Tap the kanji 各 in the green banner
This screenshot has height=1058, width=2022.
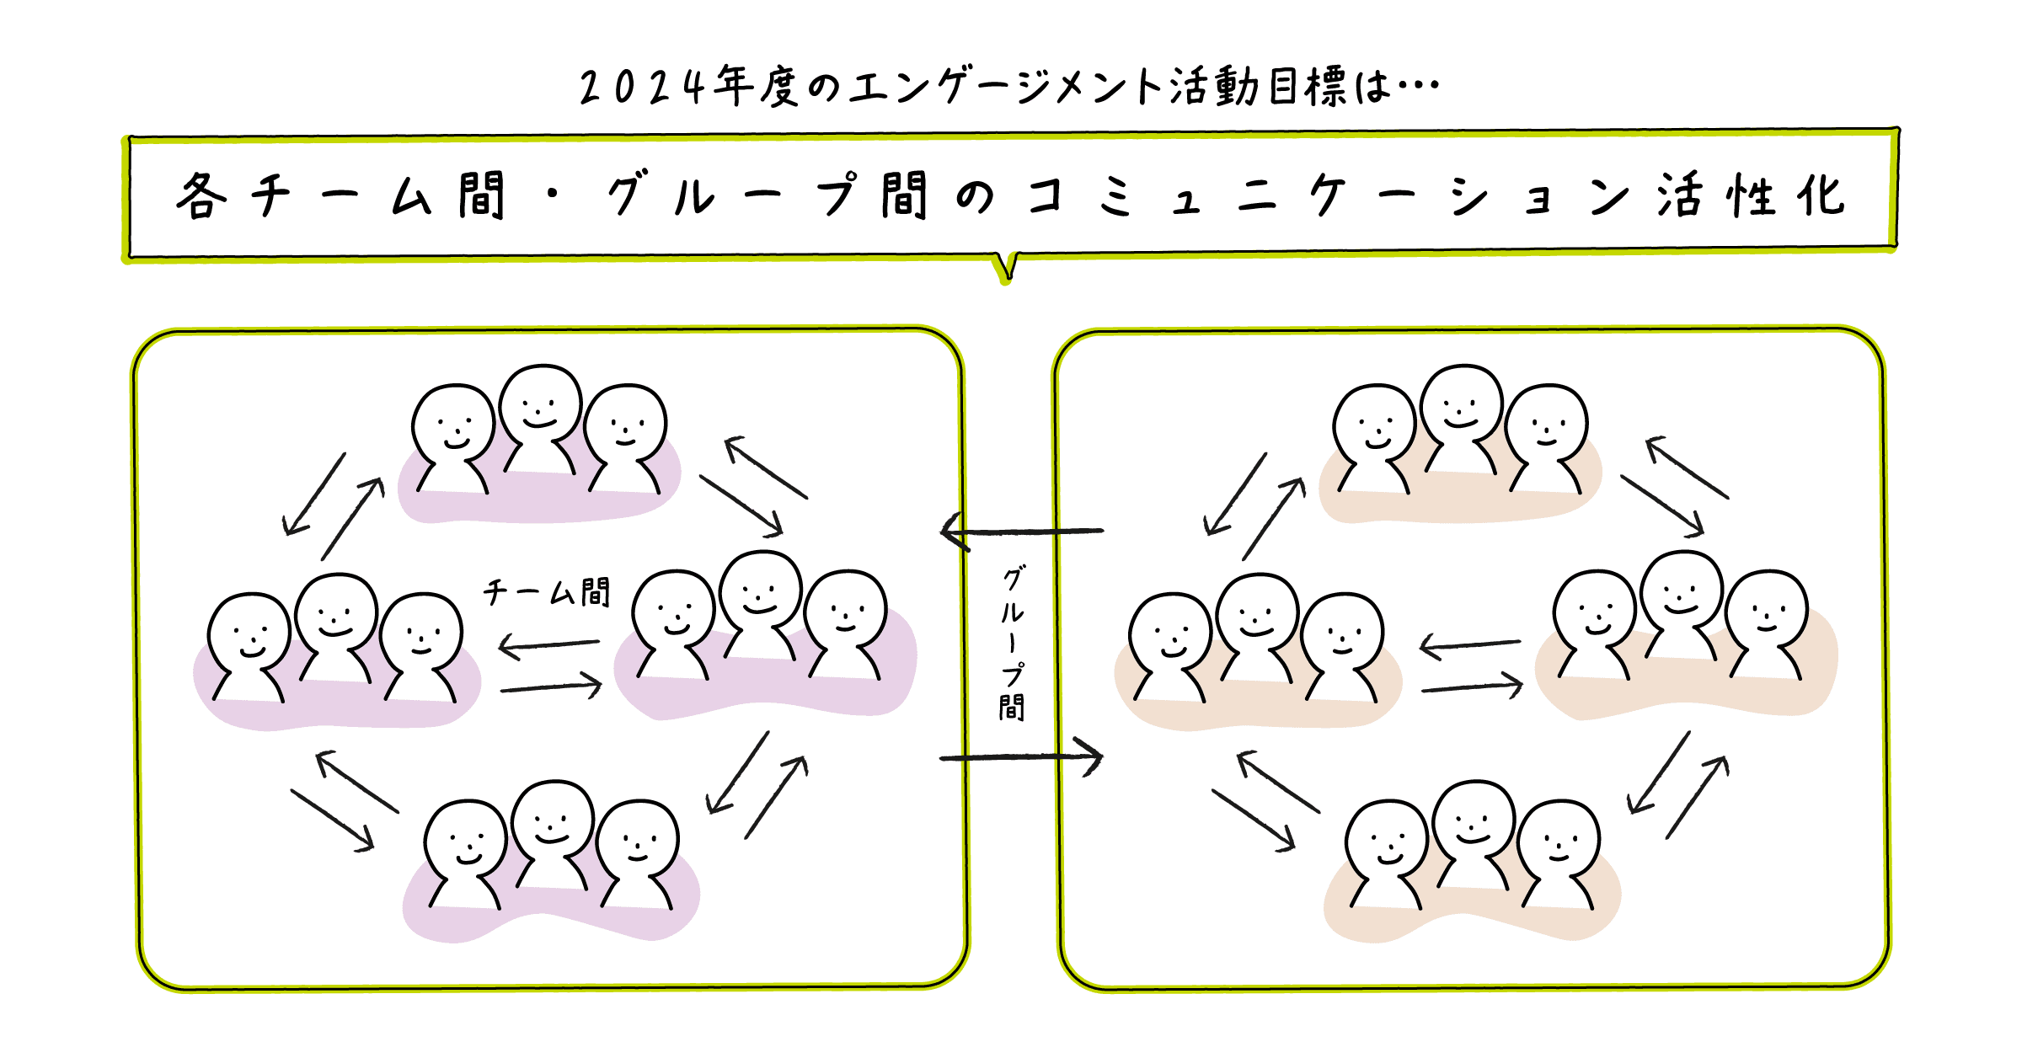(201, 197)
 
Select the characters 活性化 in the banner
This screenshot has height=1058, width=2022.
(1751, 196)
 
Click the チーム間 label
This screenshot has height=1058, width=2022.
(547, 592)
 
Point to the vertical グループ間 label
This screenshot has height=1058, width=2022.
(1012, 644)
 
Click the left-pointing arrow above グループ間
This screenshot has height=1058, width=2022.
(1021, 532)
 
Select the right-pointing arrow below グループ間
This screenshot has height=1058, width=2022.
(1021, 757)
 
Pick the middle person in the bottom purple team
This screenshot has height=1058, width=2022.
(553, 833)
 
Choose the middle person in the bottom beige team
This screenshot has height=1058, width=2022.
(1474, 833)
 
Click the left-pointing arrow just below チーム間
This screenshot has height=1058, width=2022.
(549, 645)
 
